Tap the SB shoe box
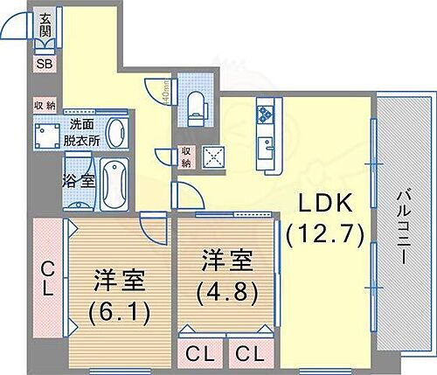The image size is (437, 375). tap(44, 63)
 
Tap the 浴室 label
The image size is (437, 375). tap(79, 181)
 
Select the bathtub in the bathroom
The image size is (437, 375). tap(114, 184)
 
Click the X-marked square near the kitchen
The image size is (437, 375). tap(213, 156)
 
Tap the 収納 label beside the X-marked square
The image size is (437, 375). tap(185, 156)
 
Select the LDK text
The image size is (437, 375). tap(327, 203)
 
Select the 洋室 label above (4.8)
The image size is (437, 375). tap(227, 260)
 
